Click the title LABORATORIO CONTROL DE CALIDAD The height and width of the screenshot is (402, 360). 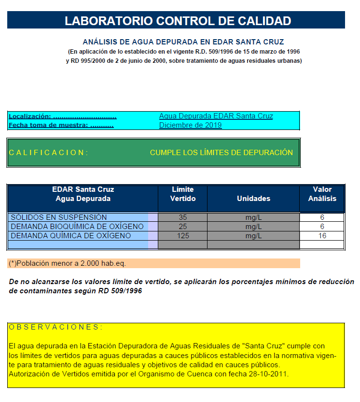pos(178,21)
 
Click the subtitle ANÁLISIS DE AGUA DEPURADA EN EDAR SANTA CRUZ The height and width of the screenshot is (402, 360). pos(183,42)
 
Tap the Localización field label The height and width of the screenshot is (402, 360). pos(63,116)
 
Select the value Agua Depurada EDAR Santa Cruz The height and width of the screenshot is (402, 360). pos(216,116)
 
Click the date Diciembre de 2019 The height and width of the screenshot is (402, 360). pos(190,125)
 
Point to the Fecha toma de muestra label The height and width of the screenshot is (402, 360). pos(61,125)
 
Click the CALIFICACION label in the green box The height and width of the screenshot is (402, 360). pos(48,153)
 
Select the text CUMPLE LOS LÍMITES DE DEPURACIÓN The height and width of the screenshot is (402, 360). pos(221,153)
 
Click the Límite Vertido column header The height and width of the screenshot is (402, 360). pos(182,194)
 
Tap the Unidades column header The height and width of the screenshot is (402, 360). pos(253,199)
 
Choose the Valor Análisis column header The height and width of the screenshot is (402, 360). pos(322,194)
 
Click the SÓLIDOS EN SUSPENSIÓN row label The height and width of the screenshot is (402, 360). pos(59,217)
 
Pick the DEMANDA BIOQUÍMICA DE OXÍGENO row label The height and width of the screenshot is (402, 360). pos(77,227)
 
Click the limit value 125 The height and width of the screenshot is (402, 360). pos(182,236)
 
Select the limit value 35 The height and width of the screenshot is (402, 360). pos(182,217)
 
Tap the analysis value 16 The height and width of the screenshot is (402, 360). pos(322,236)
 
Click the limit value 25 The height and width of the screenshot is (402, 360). pos(182,227)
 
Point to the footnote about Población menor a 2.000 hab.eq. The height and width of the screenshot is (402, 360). pos(68,263)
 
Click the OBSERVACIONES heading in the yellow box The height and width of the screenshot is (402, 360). pos(55,327)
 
